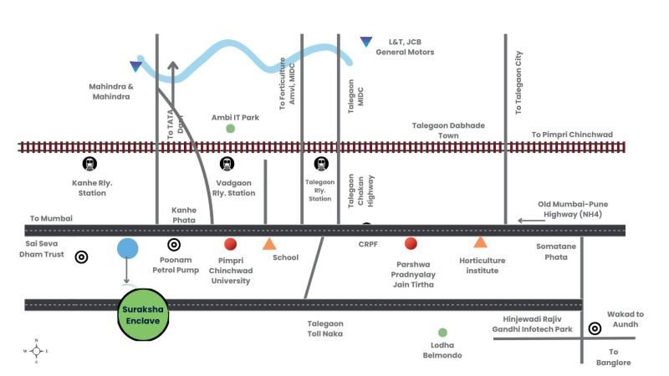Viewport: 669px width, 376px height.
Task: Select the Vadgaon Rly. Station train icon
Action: [227, 165]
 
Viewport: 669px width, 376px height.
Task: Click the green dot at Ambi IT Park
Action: [231, 129]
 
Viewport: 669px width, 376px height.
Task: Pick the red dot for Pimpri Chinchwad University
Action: [231, 244]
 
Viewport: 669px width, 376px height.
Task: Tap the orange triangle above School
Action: [269, 244]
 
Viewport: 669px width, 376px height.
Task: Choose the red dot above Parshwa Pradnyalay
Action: [411, 243]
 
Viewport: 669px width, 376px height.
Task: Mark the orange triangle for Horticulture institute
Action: [480, 242]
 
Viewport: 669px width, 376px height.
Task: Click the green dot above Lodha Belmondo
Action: [442, 333]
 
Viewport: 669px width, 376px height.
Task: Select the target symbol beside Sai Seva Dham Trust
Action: [81, 257]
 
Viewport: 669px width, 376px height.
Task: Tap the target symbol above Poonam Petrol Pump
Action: [174, 245]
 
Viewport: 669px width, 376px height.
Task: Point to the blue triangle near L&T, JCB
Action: [365, 42]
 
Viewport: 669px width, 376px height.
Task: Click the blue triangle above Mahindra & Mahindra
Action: [135, 66]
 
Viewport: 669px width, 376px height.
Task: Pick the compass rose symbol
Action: [36, 351]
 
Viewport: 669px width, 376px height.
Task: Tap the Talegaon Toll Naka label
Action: [325, 328]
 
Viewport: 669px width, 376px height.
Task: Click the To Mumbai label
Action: [51, 218]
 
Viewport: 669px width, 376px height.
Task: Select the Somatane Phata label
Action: [552, 252]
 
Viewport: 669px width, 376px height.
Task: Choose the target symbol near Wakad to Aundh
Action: [595, 328]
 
